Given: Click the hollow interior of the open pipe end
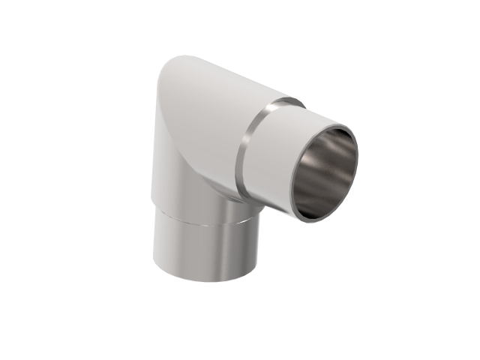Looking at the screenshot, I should pyautogui.click(x=325, y=175).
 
